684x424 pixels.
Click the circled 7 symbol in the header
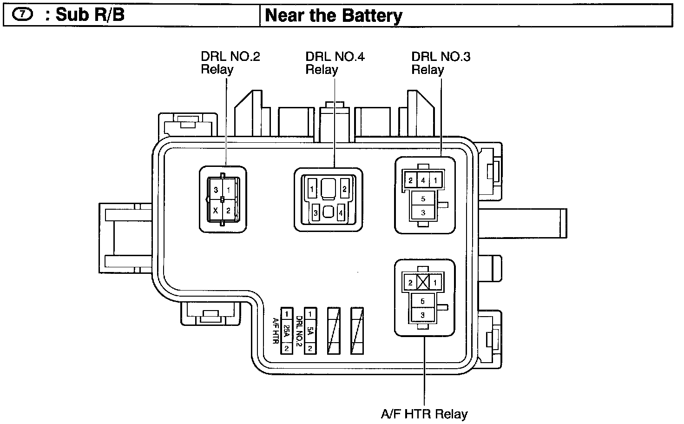point(22,14)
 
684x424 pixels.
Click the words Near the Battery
point(334,15)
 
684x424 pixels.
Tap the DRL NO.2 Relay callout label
point(230,63)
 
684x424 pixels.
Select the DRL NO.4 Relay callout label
point(335,63)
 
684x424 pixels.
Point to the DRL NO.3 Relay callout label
point(441,63)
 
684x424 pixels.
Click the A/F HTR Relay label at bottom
point(424,414)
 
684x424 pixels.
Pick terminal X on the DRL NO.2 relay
point(215,210)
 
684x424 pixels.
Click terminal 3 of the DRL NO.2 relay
point(216,190)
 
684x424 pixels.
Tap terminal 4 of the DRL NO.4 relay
point(341,212)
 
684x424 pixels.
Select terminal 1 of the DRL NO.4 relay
point(312,189)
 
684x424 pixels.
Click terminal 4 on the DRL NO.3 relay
point(423,180)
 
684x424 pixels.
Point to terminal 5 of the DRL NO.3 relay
point(423,199)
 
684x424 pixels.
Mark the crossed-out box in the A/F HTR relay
point(423,282)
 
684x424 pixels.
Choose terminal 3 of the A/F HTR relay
point(422,315)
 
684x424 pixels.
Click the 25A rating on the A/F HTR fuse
point(286,331)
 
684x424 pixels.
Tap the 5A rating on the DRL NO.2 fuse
point(310,331)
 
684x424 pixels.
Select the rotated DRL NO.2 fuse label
point(299,331)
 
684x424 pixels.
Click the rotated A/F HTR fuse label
point(276,331)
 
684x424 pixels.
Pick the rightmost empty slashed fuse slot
point(357,331)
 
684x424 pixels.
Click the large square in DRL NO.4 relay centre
point(328,188)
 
